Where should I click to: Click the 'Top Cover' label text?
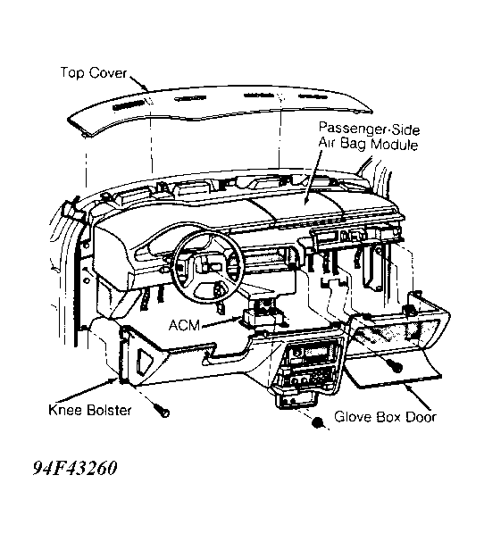click(x=94, y=73)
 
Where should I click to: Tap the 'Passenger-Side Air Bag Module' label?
click(x=369, y=137)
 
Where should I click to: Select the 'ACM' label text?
click(x=185, y=325)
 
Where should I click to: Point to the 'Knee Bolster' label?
click(x=90, y=411)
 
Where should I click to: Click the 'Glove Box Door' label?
click(x=385, y=417)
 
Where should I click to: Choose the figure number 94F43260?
click(x=75, y=469)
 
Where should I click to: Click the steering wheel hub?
click(x=212, y=268)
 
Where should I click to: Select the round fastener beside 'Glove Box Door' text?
click(x=317, y=422)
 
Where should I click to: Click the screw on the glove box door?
click(x=395, y=365)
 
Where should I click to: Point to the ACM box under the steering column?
click(x=262, y=316)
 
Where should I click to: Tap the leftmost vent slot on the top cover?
click(x=128, y=105)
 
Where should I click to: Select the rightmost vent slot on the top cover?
click(x=313, y=96)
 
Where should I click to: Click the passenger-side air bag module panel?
click(x=297, y=204)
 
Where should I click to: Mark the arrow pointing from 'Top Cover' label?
click(x=139, y=84)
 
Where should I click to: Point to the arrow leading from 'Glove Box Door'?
click(x=418, y=397)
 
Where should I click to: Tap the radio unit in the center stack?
click(x=310, y=354)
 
